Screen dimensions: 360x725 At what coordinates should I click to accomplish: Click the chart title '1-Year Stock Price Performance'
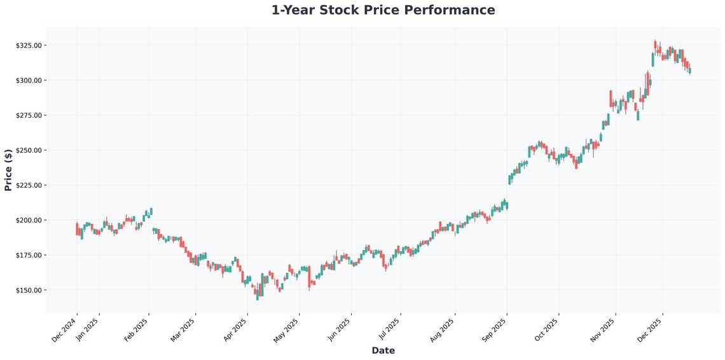383,10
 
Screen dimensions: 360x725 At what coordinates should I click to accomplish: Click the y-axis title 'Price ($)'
8,170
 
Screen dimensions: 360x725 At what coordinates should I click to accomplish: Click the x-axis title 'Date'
383,350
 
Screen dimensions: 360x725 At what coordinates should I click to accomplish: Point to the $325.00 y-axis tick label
29,46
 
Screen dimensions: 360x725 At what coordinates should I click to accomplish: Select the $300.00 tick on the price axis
29,81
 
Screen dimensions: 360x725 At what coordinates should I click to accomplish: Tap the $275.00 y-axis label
29,116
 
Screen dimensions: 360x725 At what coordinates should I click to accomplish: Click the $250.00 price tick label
29,151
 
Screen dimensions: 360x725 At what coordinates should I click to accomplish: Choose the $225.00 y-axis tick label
29,186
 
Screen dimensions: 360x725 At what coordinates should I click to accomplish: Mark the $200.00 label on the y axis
29,220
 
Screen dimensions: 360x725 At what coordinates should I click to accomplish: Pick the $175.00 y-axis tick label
29,255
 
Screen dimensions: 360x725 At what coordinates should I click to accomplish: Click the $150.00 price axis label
29,290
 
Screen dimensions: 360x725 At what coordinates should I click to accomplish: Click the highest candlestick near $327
655,45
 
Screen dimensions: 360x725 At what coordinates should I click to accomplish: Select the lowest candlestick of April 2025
258,295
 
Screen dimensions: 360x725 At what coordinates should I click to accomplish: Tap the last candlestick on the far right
690,71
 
